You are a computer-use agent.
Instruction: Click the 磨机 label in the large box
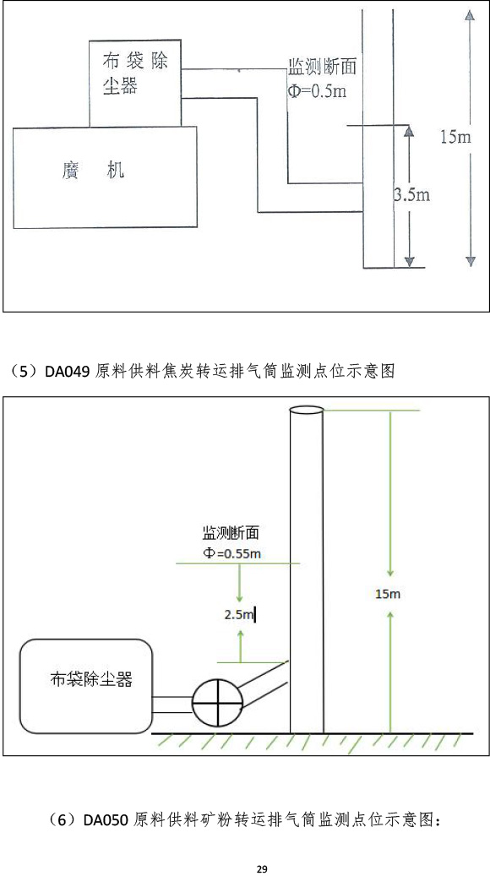click(x=93, y=169)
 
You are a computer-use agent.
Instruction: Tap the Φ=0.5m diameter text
click(x=317, y=90)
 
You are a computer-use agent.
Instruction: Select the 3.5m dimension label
click(x=411, y=195)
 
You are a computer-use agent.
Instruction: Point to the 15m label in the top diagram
click(x=455, y=137)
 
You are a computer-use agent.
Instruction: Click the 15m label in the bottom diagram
click(x=388, y=594)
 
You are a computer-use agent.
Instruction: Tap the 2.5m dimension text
click(x=239, y=615)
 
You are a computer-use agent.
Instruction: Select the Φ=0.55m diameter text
click(x=231, y=553)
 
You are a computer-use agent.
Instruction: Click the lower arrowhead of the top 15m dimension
click(x=471, y=260)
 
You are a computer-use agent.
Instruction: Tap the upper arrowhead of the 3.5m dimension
click(x=409, y=131)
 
